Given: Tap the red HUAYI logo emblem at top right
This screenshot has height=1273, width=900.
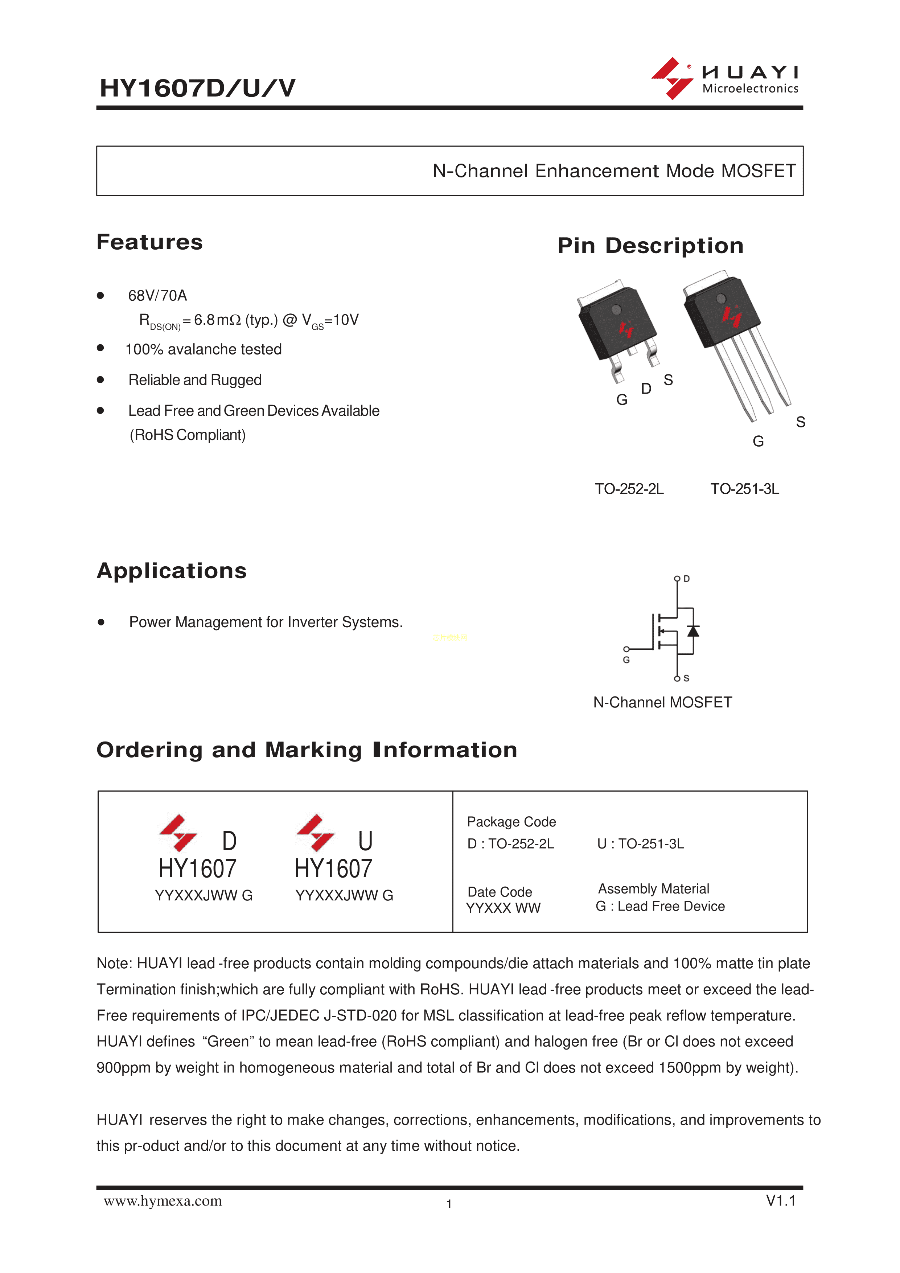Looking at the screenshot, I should click(x=672, y=78).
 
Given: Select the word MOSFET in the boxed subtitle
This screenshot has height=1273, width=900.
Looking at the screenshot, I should click(x=758, y=171).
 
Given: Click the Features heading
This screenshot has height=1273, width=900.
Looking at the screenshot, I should click(x=150, y=242).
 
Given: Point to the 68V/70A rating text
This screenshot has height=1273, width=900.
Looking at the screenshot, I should click(x=157, y=296).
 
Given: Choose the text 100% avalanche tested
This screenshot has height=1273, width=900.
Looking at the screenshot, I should click(x=204, y=349).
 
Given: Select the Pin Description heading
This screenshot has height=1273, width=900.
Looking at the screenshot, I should click(x=650, y=246).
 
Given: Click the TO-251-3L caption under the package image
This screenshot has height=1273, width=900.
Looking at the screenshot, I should click(x=745, y=489).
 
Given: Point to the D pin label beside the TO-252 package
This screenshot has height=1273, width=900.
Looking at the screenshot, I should click(x=646, y=389).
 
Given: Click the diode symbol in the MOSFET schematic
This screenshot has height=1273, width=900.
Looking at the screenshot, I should click(x=693, y=631).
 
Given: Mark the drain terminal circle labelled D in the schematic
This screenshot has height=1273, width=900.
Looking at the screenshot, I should click(x=677, y=579).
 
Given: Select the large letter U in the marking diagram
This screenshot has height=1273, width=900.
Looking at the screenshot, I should click(x=365, y=841).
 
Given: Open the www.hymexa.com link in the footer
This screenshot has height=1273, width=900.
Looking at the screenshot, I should click(x=163, y=1202).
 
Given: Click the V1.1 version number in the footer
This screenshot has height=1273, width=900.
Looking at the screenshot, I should click(x=781, y=1201).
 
